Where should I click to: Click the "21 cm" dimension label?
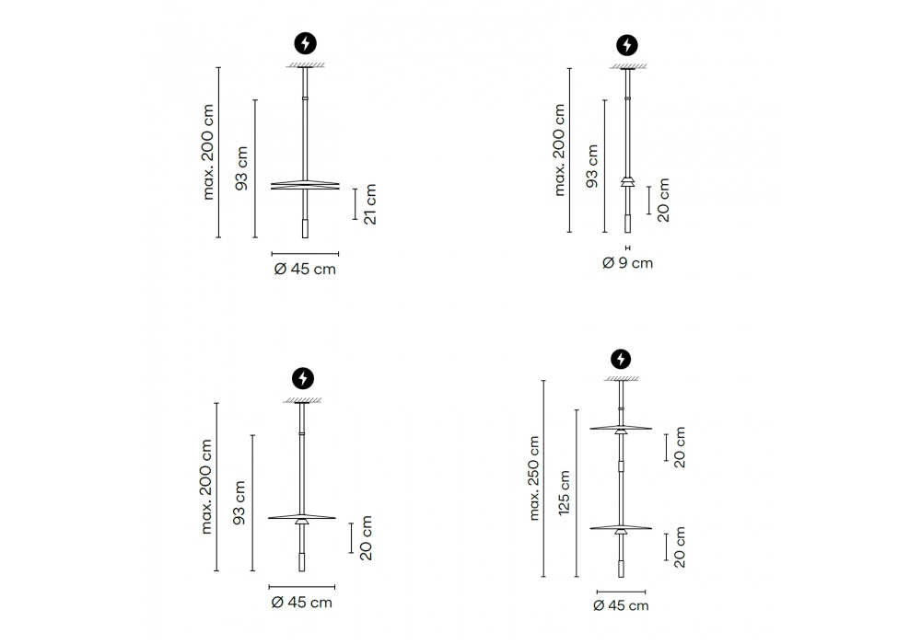pos(370,204)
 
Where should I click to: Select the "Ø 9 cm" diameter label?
pos(627,263)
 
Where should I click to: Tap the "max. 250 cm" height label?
pos(534,478)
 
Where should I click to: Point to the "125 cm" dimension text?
pos(564,493)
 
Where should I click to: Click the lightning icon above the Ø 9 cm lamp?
pos(627,45)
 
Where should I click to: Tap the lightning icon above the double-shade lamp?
pos(621,359)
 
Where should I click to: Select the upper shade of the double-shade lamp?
pos(621,428)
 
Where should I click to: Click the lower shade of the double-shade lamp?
pos(621,528)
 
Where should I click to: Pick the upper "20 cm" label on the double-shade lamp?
pos(680,447)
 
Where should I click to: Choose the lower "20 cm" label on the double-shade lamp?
pos(680,547)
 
